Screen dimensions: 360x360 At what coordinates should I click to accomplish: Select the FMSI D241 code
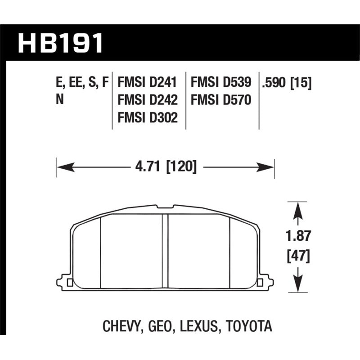pos(147,82)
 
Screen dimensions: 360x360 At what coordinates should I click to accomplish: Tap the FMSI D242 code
pos(147,100)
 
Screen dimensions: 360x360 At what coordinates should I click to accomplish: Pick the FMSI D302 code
pos(147,117)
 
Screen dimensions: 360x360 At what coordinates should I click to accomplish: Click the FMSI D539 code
pos(221,82)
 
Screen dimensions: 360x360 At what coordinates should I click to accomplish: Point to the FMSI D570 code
pos(221,100)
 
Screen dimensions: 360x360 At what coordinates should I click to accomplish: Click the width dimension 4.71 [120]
pos(166,167)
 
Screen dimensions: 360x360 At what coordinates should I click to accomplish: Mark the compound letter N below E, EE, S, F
pos(59,100)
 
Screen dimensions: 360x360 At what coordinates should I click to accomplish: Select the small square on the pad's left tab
pos(69,283)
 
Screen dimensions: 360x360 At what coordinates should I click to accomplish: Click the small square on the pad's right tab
pos(260,283)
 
